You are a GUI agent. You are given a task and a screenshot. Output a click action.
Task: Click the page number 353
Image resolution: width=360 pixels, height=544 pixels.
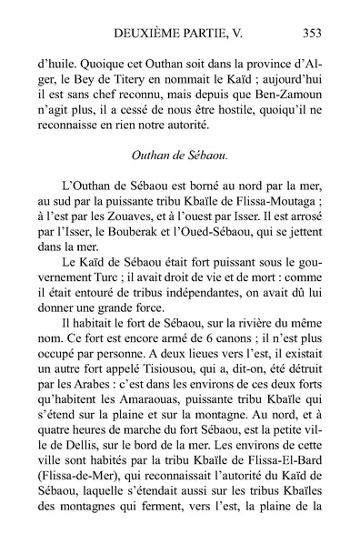pyautogui.click(x=311, y=35)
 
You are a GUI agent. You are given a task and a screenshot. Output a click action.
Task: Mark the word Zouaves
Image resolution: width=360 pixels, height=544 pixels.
pyautogui.click(x=143, y=227)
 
